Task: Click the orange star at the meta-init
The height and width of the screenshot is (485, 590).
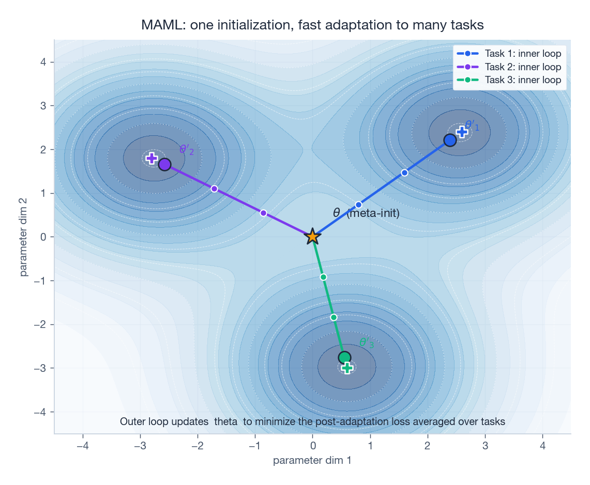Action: pyautogui.click(x=312, y=237)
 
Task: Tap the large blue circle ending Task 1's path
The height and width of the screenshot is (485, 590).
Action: pyautogui.click(x=450, y=140)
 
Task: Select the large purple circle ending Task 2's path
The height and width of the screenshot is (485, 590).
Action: pyautogui.click(x=164, y=164)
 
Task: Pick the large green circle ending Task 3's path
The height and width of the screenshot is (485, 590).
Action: pyautogui.click(x=344, y=357)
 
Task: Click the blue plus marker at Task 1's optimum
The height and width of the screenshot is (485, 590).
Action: pyautogui.click(x=462, y=132)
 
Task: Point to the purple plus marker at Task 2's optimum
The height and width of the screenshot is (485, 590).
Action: pyautogui.click(x=152, y=158)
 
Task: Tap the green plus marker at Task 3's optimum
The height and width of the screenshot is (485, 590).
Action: pyautogui.click(x=347, y=368)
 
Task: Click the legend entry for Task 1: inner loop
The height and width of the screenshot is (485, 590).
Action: pyautogui.click(x=522, y=53)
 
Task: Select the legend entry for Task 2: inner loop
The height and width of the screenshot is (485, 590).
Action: pyautogui.click(x=522, y=67)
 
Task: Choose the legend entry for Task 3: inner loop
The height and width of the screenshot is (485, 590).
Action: pyautogui.click(x=522, y=80)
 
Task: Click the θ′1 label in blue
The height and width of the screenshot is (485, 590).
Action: pyautogui.click(x=472, y=126)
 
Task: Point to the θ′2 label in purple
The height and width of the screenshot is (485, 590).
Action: pyautogui.click(x=187, y=150)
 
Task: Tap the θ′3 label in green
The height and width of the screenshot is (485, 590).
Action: pyautogui.click(x=366, y=343)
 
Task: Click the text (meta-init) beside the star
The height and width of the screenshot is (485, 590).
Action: pyautogui.click(x=373, y=213)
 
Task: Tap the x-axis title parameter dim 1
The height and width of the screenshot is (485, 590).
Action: pyautogui.click(x=312, y=460)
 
